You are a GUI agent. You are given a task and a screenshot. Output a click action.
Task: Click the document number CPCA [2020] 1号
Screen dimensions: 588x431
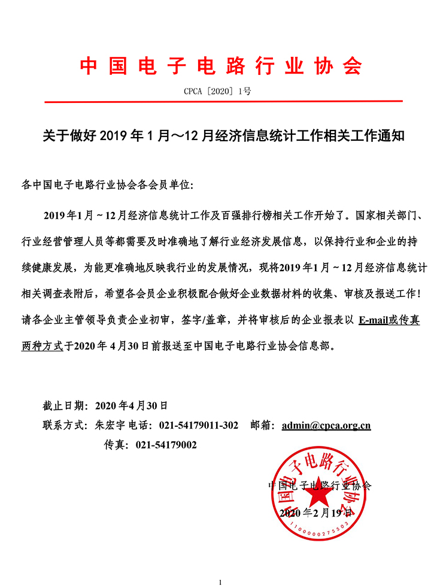(220, 92)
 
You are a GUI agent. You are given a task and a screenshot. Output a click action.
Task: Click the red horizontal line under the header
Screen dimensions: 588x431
(220, 102)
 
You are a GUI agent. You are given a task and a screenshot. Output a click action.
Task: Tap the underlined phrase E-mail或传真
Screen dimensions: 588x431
(388, 320)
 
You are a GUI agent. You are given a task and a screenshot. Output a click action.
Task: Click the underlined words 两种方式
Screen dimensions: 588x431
(41, 346)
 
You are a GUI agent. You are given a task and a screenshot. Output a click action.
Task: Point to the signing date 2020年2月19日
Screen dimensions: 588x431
(318, 514)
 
